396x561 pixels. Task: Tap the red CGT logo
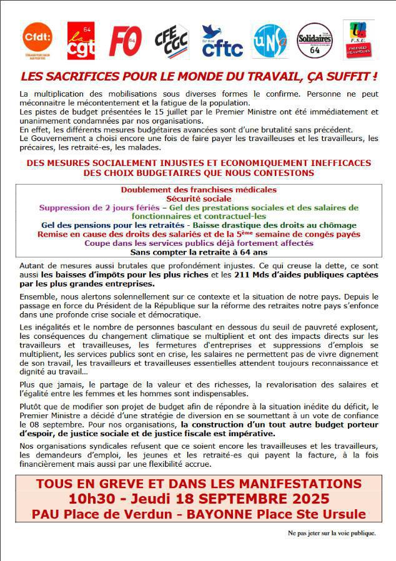coord(81,41)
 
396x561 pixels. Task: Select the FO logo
coord(125,41)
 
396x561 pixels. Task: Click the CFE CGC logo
coord(172,42)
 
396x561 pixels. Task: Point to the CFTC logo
coord(222,41)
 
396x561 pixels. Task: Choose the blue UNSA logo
coord(270,41)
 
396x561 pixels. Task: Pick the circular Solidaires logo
coord(314,41)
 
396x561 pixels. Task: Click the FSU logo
coord(359,39)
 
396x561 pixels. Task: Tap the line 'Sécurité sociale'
coord(198,198)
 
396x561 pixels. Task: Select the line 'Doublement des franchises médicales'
coord(198,190)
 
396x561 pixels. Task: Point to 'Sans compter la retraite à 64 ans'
coord(198,252)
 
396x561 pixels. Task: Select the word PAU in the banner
coord(45,514)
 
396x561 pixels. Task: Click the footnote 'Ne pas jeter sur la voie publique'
coord(331,533)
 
